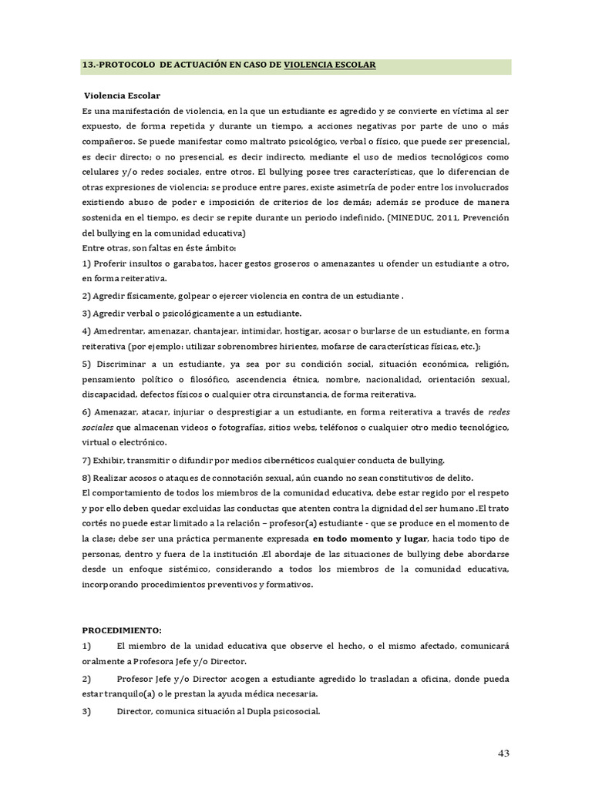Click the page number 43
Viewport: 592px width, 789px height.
click(503, 753)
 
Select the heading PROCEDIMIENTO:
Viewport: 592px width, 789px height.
click(122, 630)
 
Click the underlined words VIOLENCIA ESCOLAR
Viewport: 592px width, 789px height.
click(330, 65)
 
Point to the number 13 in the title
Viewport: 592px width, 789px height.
click(87, 65)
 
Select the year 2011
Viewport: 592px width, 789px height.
click(449, 218)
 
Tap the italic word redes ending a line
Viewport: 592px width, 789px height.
click(499, 412)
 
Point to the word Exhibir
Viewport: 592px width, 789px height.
click(109, 460)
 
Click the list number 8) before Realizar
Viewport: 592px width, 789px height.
click(86, 477)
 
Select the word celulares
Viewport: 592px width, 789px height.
click(103, 172)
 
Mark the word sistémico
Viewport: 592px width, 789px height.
click(202, 569)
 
